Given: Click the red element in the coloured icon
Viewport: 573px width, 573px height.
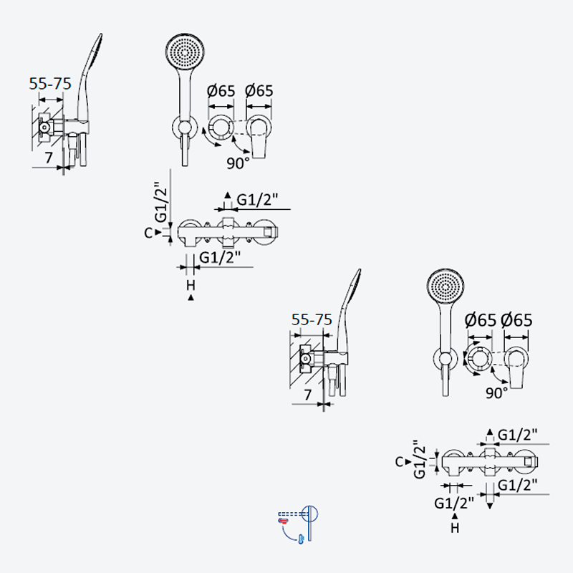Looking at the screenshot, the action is point(283,521).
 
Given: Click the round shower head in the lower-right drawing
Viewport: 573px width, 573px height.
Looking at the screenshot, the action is point(446,285).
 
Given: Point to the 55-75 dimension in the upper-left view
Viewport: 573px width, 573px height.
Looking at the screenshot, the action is point(50,84).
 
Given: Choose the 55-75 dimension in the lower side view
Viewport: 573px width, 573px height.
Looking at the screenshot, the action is point(312,319).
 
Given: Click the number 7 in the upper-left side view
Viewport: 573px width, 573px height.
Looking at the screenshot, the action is point(49,158).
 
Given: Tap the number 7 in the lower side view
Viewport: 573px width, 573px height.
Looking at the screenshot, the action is point(308,395).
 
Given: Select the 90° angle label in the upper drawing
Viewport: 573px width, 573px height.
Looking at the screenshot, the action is point(238,163).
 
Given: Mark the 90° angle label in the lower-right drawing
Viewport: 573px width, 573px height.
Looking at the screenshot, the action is point(496,393).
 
